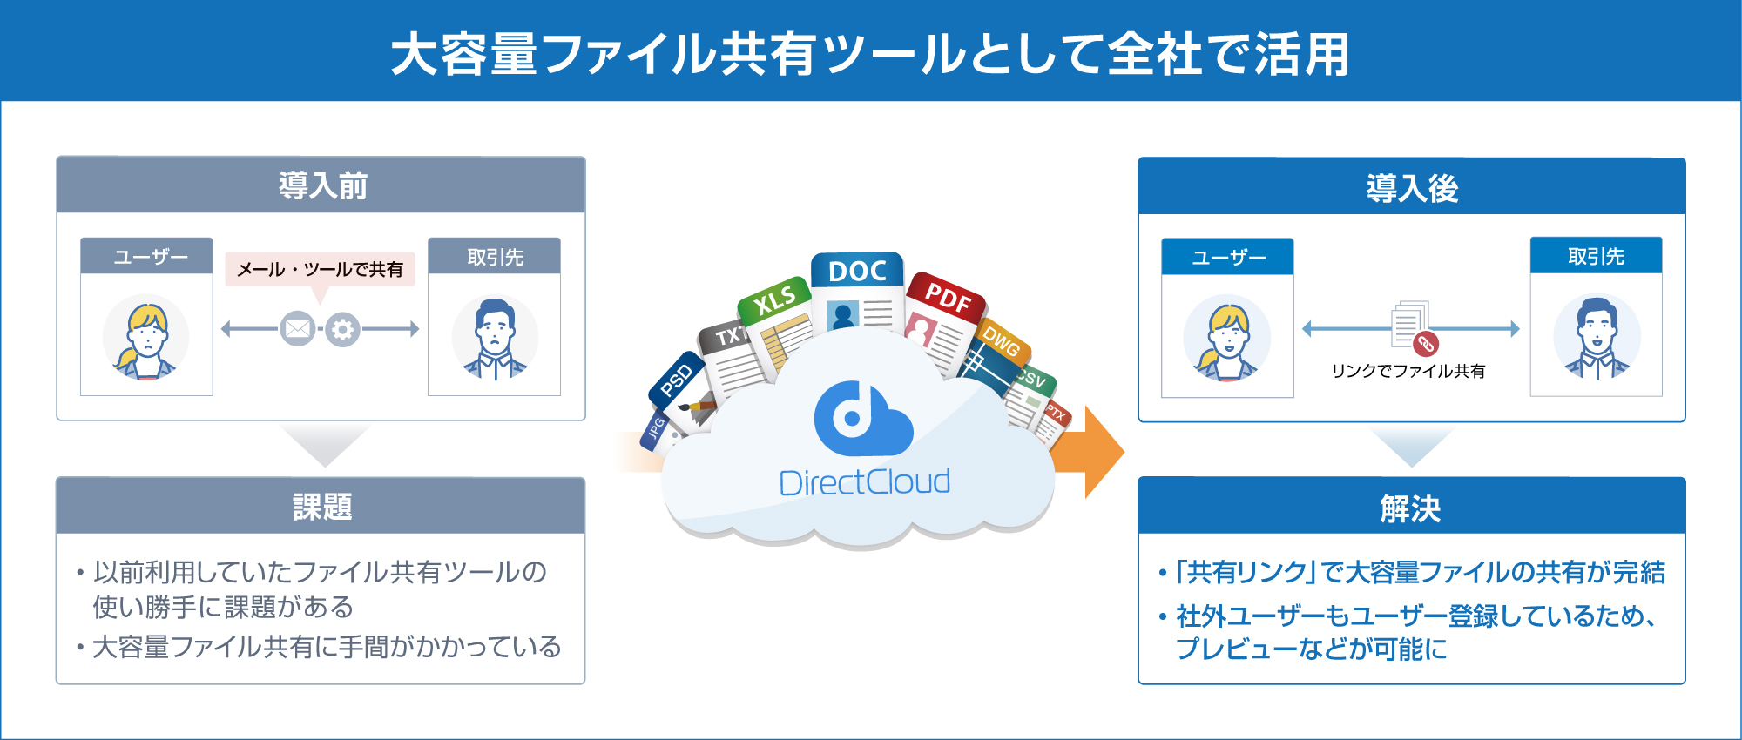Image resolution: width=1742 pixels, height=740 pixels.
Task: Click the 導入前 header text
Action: click(x=322, y=185)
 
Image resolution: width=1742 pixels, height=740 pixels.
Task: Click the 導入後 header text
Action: click(x=1412, y=187)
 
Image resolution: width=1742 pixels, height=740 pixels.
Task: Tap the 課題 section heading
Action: click(x=322, y=507)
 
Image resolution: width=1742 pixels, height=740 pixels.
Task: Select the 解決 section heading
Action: click(x=1411, y=508)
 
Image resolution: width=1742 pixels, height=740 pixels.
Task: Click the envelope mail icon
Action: click(x=298, y=329)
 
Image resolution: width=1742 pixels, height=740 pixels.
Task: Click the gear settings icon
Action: click(x=343, y=329)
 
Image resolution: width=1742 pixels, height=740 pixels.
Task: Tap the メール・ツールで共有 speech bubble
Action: click(x=320, y=270)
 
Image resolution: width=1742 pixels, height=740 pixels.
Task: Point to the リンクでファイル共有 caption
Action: click(x=1408, y=371)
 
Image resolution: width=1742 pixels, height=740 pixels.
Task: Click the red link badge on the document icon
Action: click(x=1426, y=344)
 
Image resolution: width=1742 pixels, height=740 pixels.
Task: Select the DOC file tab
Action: click(x=857, y=271)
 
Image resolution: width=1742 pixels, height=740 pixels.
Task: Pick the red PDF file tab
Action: click(x=947, y=297)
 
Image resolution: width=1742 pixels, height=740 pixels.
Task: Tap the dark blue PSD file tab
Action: click(x=677, y=380)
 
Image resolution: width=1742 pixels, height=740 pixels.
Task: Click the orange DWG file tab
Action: click(x=1003, y=341)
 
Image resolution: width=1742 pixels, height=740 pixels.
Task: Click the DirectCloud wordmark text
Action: click(x=864, y=482)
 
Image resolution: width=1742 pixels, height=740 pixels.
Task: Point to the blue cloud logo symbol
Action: click(x=862, y=420)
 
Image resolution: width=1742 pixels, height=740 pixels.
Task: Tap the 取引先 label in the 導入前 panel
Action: click(x=495, y=257)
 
